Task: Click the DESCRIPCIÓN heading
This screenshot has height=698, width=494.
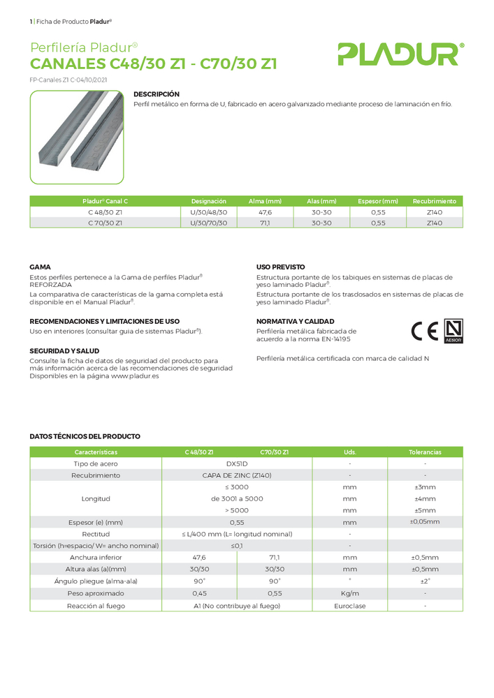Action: tap(157, 94)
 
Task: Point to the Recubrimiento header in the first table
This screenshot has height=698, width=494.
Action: tap(434, 201)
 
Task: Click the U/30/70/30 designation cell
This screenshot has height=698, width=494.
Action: tap(209, 223)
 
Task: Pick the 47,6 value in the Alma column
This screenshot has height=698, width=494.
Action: tap(265, 212)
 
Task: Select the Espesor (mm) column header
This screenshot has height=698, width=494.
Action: tap(377, 201)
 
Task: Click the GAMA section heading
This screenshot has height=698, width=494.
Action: tap(40, 267)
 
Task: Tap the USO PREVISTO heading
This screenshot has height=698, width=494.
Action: tap(280, 267)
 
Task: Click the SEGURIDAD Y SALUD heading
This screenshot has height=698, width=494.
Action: tap(64, 350)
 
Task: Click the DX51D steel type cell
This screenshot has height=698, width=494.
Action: tap(238, 463)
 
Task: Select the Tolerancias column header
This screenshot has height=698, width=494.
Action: tap(425, 452)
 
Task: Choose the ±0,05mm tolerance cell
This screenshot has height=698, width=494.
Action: tap(425, 521)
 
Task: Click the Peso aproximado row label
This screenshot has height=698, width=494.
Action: tap(96, 593)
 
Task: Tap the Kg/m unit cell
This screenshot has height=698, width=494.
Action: tap(349, 593)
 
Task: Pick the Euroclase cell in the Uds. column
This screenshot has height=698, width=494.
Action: tap(349, 606)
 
